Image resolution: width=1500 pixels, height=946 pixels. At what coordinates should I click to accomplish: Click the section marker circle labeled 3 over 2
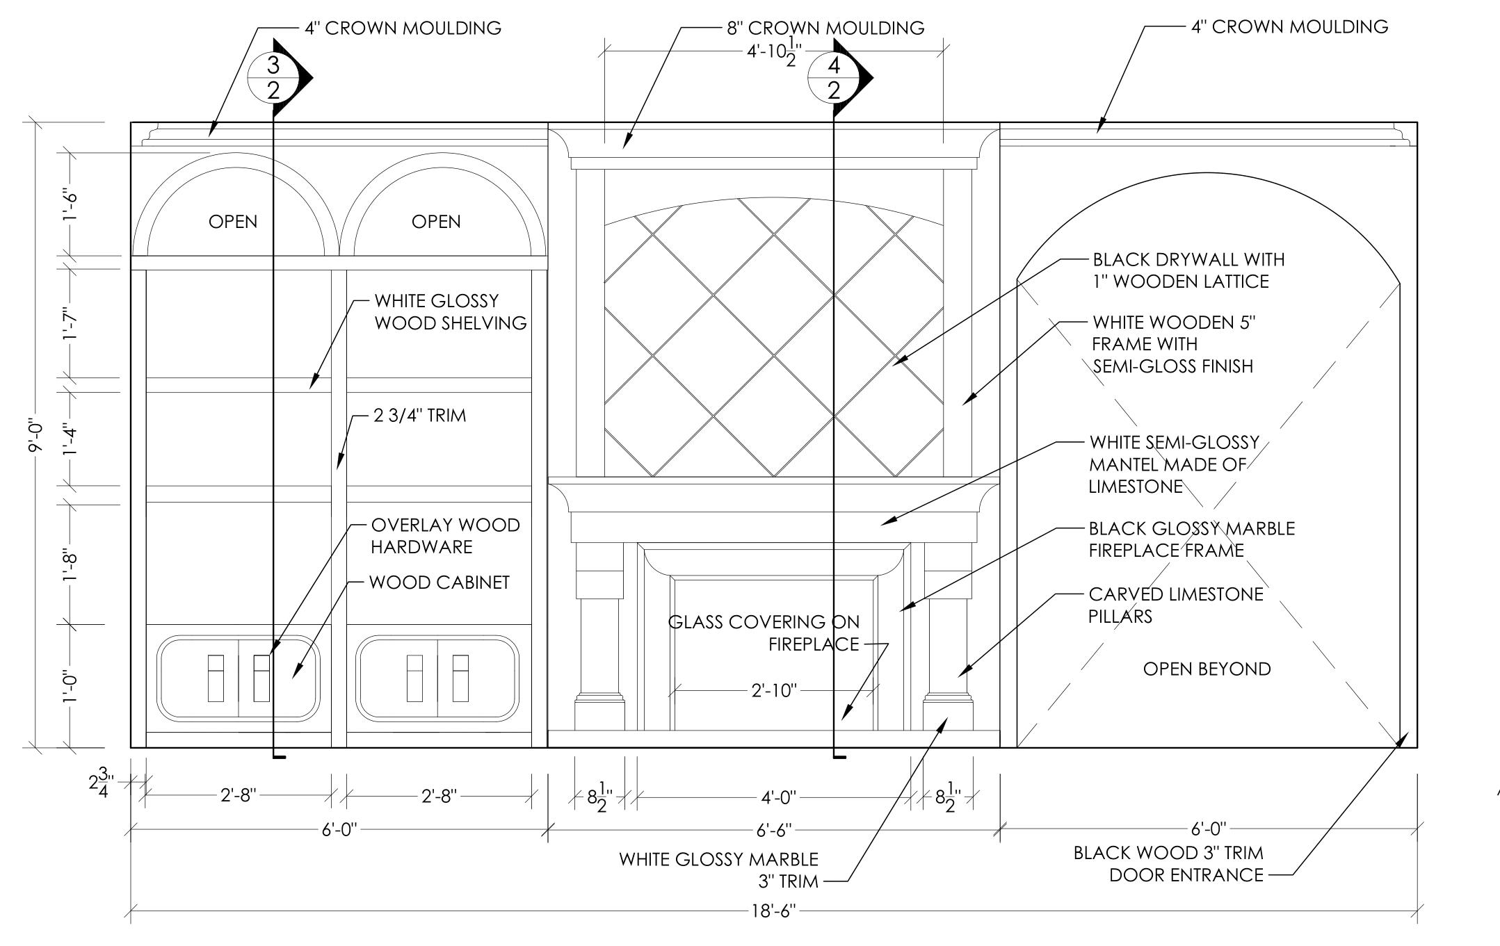tap(273, 77)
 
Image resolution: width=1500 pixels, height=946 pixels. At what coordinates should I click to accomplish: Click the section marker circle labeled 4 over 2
tap(834, 77)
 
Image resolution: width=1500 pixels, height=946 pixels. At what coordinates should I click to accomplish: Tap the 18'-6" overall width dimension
tap(773, 911)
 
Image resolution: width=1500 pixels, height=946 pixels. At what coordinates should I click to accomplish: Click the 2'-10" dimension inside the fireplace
tap(774, 691)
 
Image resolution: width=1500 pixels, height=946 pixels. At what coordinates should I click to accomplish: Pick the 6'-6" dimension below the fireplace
tap(774, 830)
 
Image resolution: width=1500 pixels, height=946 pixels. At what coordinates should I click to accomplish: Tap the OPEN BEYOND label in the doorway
tap(1207, 669)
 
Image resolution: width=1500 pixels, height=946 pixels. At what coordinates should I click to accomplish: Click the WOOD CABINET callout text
tap(439, 582)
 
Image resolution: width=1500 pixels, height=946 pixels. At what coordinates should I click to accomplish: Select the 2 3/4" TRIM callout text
tap(420, 416)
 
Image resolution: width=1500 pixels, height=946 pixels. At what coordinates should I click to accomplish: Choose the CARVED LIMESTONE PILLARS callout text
tap(1175, 605)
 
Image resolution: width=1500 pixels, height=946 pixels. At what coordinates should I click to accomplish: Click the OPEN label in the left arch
tap(233, 222)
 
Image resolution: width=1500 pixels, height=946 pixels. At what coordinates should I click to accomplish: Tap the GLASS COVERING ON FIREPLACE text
tap(764, 633)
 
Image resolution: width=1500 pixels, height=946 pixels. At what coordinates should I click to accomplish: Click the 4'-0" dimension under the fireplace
tap(778, 797)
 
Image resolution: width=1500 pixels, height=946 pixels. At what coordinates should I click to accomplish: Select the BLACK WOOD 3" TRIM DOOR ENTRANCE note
tap(1168, 863)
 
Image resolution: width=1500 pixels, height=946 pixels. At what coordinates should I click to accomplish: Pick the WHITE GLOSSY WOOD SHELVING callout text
tap(450, 312)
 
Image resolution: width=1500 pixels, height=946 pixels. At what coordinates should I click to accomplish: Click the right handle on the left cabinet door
tap(261, 678)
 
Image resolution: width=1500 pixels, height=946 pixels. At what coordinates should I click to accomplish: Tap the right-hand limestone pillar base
tap(947, 712)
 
